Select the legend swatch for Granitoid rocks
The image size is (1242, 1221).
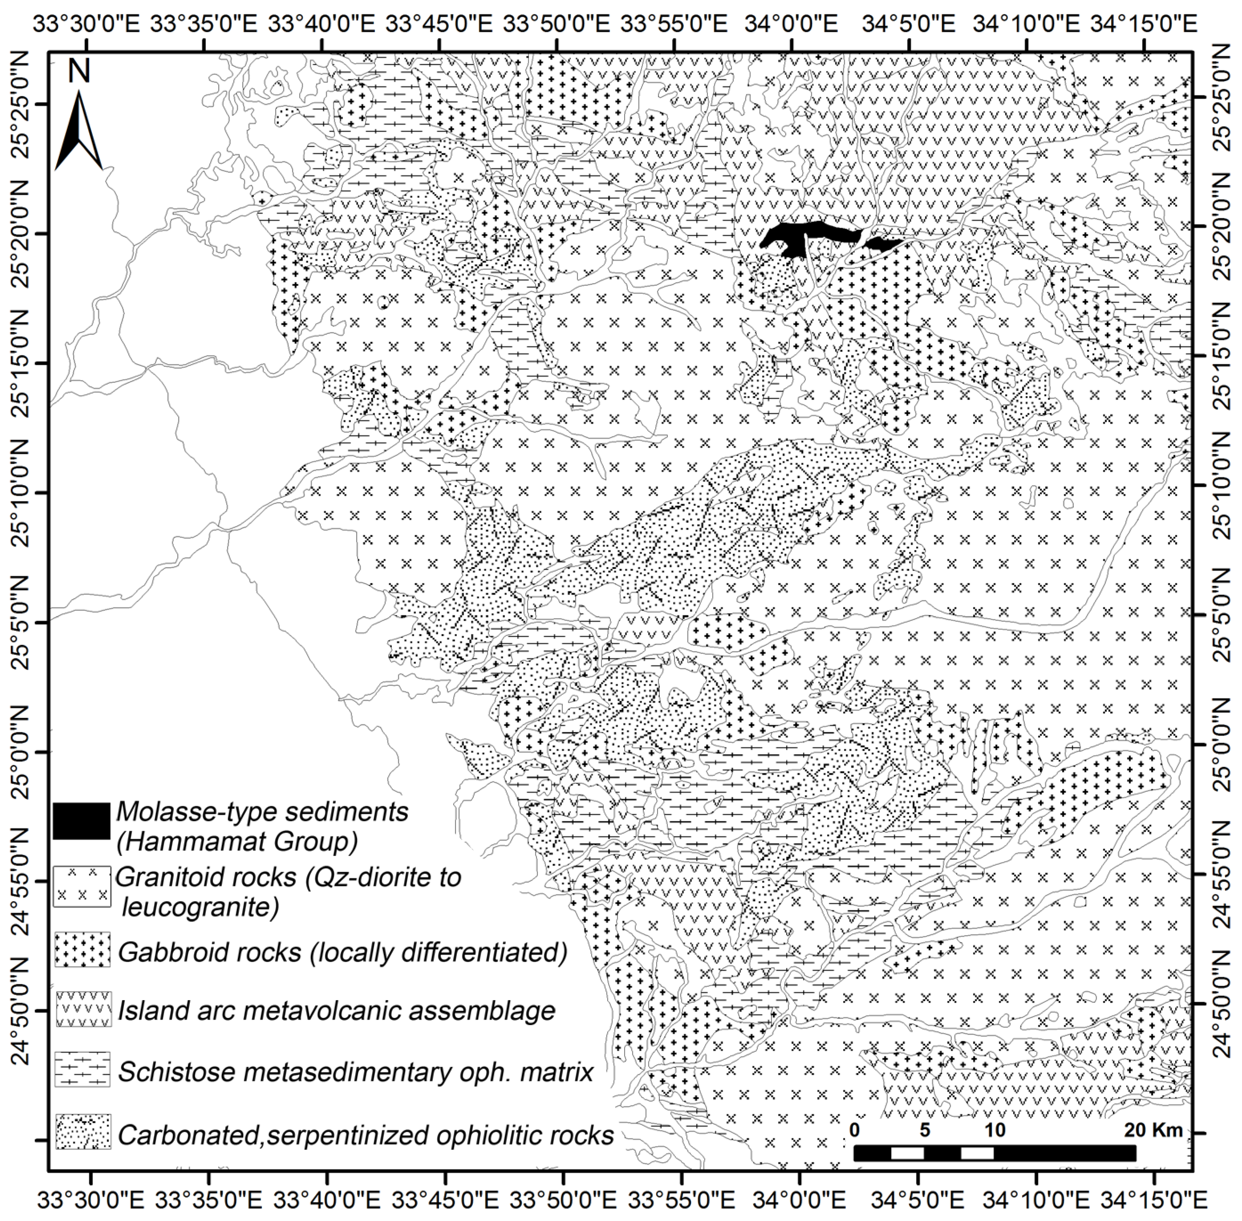(82, 887)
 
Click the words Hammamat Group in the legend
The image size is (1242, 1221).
(237, 841)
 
